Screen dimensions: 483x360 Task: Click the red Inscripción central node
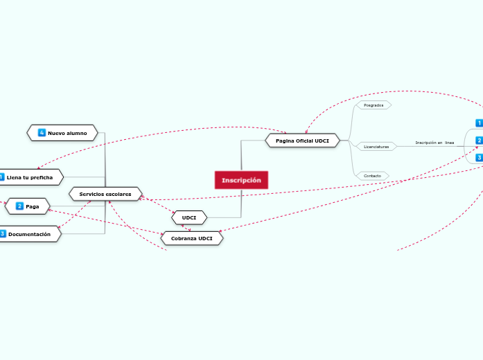point(241,180)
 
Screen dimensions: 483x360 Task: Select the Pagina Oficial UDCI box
point(302,141)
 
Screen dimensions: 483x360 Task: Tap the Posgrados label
point(374,105)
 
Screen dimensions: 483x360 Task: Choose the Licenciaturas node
point(376,147)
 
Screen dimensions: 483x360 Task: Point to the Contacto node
point(372,176)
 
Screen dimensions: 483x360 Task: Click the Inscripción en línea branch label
point(434,143)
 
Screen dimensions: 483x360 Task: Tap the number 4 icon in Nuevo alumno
point(42,132)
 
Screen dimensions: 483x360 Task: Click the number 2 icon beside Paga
point(19,206)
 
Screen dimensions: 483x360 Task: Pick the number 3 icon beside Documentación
point(2,234)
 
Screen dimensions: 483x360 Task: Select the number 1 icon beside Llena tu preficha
point(1,177)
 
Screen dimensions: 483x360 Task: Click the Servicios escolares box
point(105,194)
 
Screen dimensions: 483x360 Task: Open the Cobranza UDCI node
point(192,238)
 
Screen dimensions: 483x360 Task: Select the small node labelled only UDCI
point(189,218)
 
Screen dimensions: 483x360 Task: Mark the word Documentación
point(30,234)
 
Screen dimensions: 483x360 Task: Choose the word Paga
point(33,206)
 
